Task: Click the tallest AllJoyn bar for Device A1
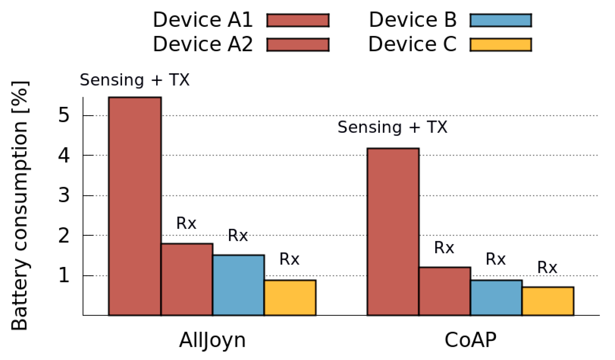pyautogui.click(x=135, y=206)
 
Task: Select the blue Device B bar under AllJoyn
pyautogui.click(x=238, y=285)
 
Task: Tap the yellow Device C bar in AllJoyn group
pyautogui.click(x=290, y=298)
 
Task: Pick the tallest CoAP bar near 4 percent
pyautogui.click(x=393, y=232)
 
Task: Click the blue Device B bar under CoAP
pyautogui.click(x=496, y=298)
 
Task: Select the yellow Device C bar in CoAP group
pyautogui.click(x=548, y=301)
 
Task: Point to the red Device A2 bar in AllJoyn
pyautogui.click(x=187, y=279)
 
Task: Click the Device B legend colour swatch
pyautogui.click(x=500, y=20)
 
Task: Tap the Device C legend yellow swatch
pyautogui.click(x=500, y=45)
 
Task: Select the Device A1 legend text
pyautogui.click(x=203, y=20)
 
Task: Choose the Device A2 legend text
pyautogui.click(x=203, y=44)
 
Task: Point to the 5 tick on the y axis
pyautogui.click(x=64, y=115)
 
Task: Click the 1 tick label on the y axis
pyautogui.click(x=64, y=275)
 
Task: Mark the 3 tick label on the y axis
pyautogui.click(x=64, y=195)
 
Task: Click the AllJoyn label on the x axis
pyautogui.click(x=212, y=340)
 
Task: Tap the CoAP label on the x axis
pyautogui.click(x=470, y=340)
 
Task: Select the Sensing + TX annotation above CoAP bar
pyautogui.click(x=393, y=127)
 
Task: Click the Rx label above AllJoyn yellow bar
pyautogui.click(x=289, y=259)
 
